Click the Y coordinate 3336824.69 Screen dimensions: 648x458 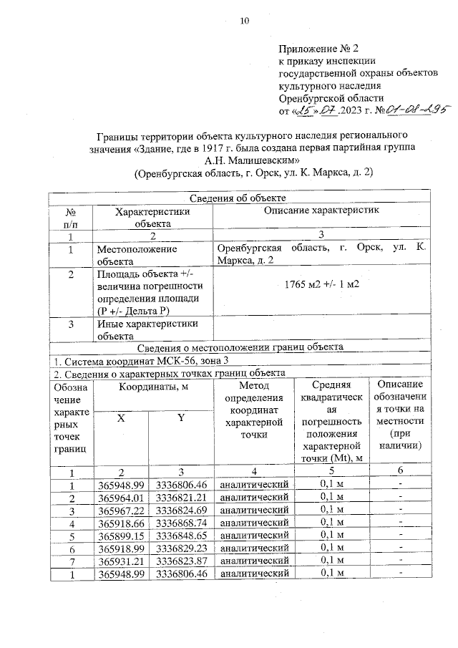coord(182,509)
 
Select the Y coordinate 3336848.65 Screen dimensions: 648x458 coord(182,535)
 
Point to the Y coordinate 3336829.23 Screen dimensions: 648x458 coord(182,548)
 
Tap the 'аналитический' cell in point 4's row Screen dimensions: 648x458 coord(254,522)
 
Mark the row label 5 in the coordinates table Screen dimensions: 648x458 coord(71,535)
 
